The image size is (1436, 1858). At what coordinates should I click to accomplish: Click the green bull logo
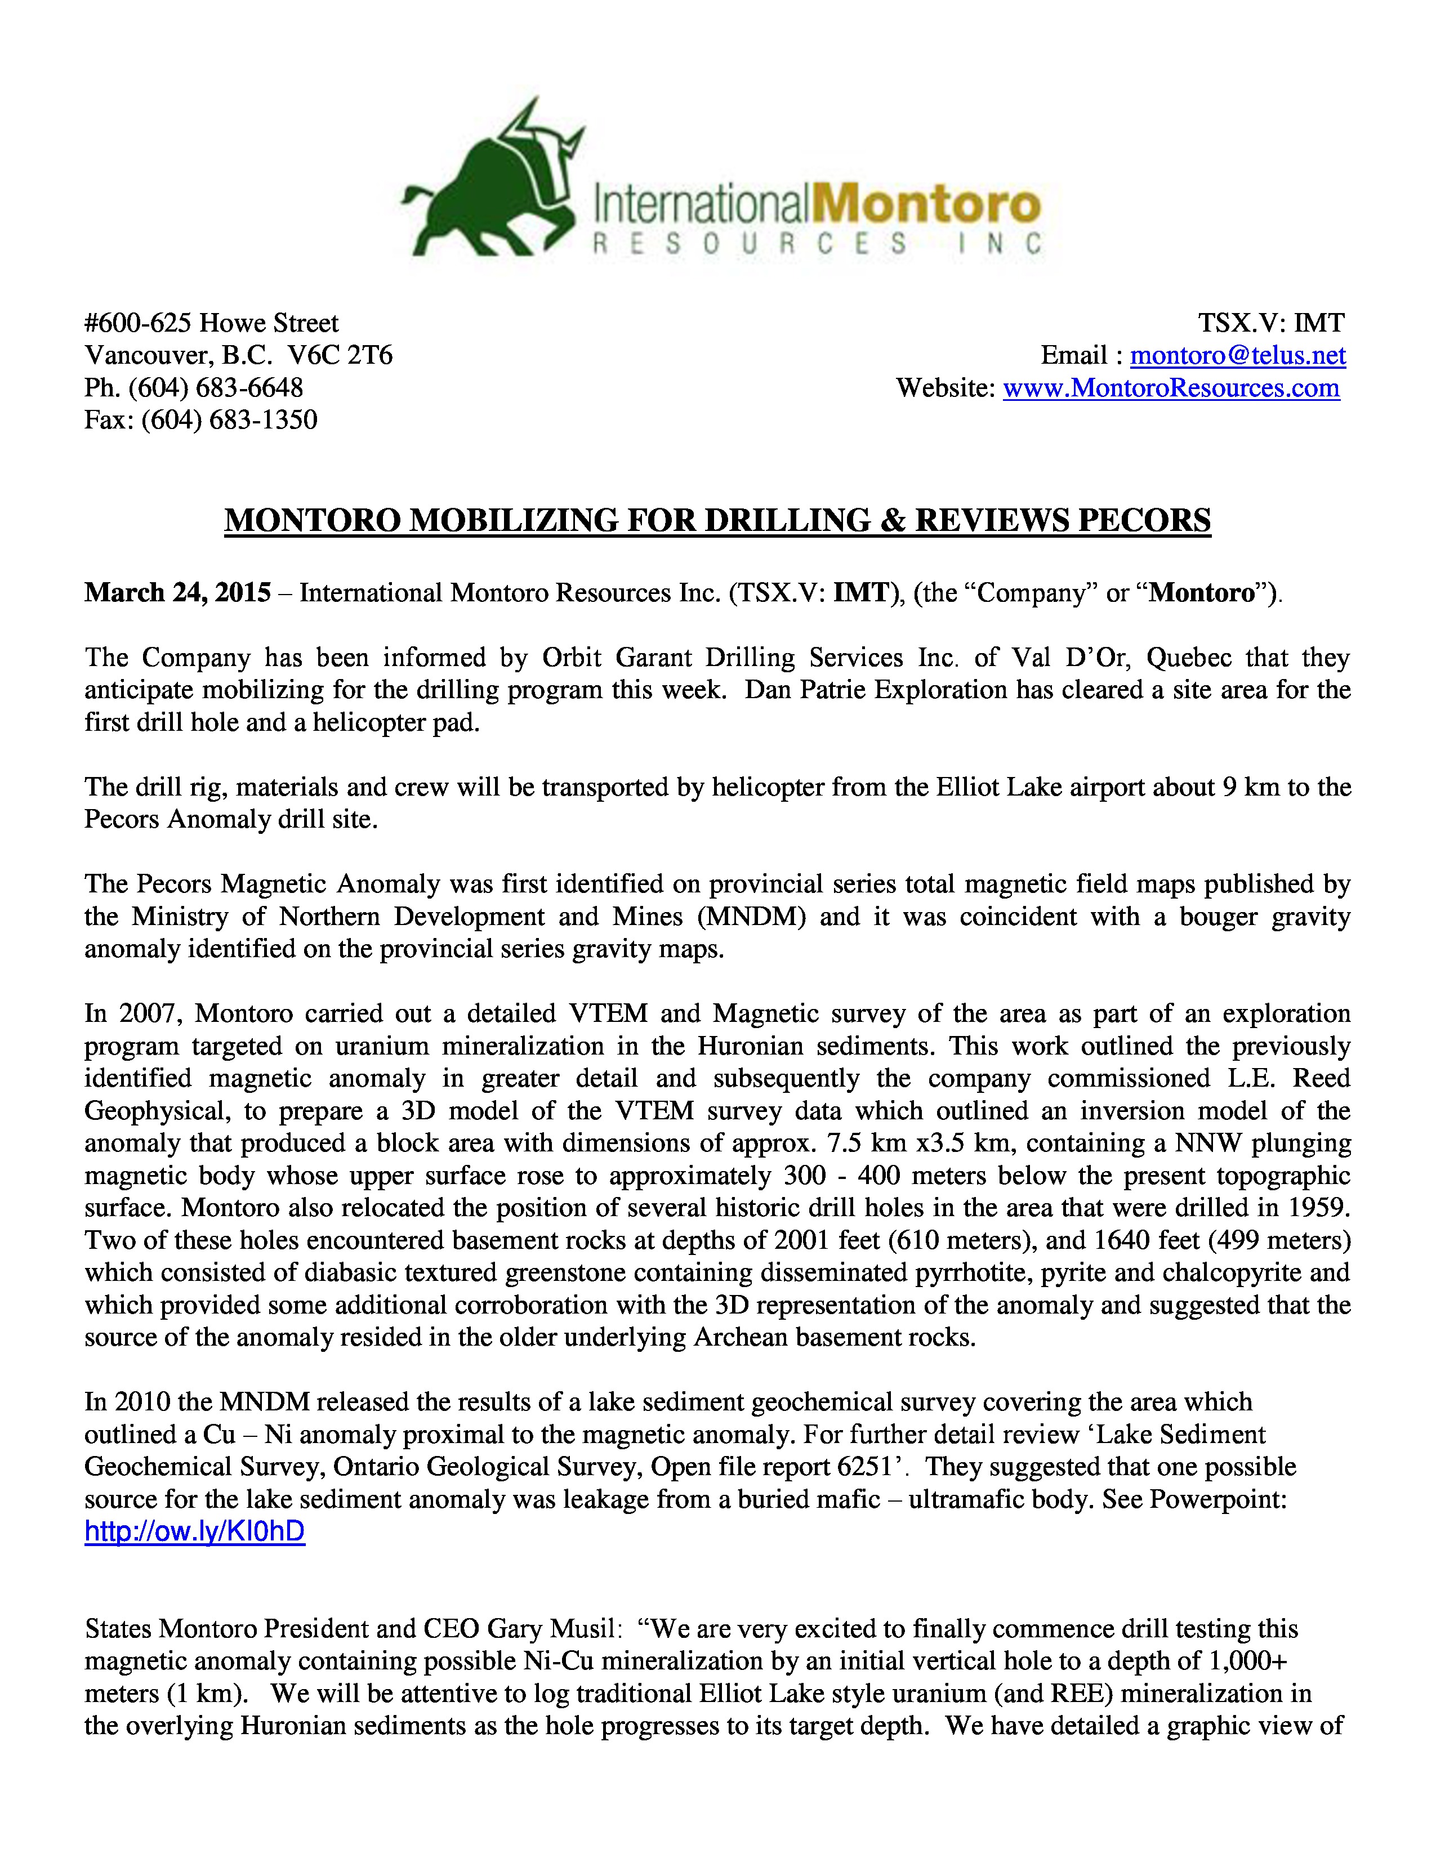[x=493, y=183]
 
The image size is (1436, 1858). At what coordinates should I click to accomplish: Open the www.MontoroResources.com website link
[x=1171, y=388]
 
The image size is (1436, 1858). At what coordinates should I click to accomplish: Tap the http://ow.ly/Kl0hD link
[x=195, y=1532]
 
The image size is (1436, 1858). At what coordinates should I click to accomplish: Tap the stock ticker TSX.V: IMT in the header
[x=1271, y=323]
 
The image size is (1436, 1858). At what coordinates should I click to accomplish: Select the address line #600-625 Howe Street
[x=211, y=323]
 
